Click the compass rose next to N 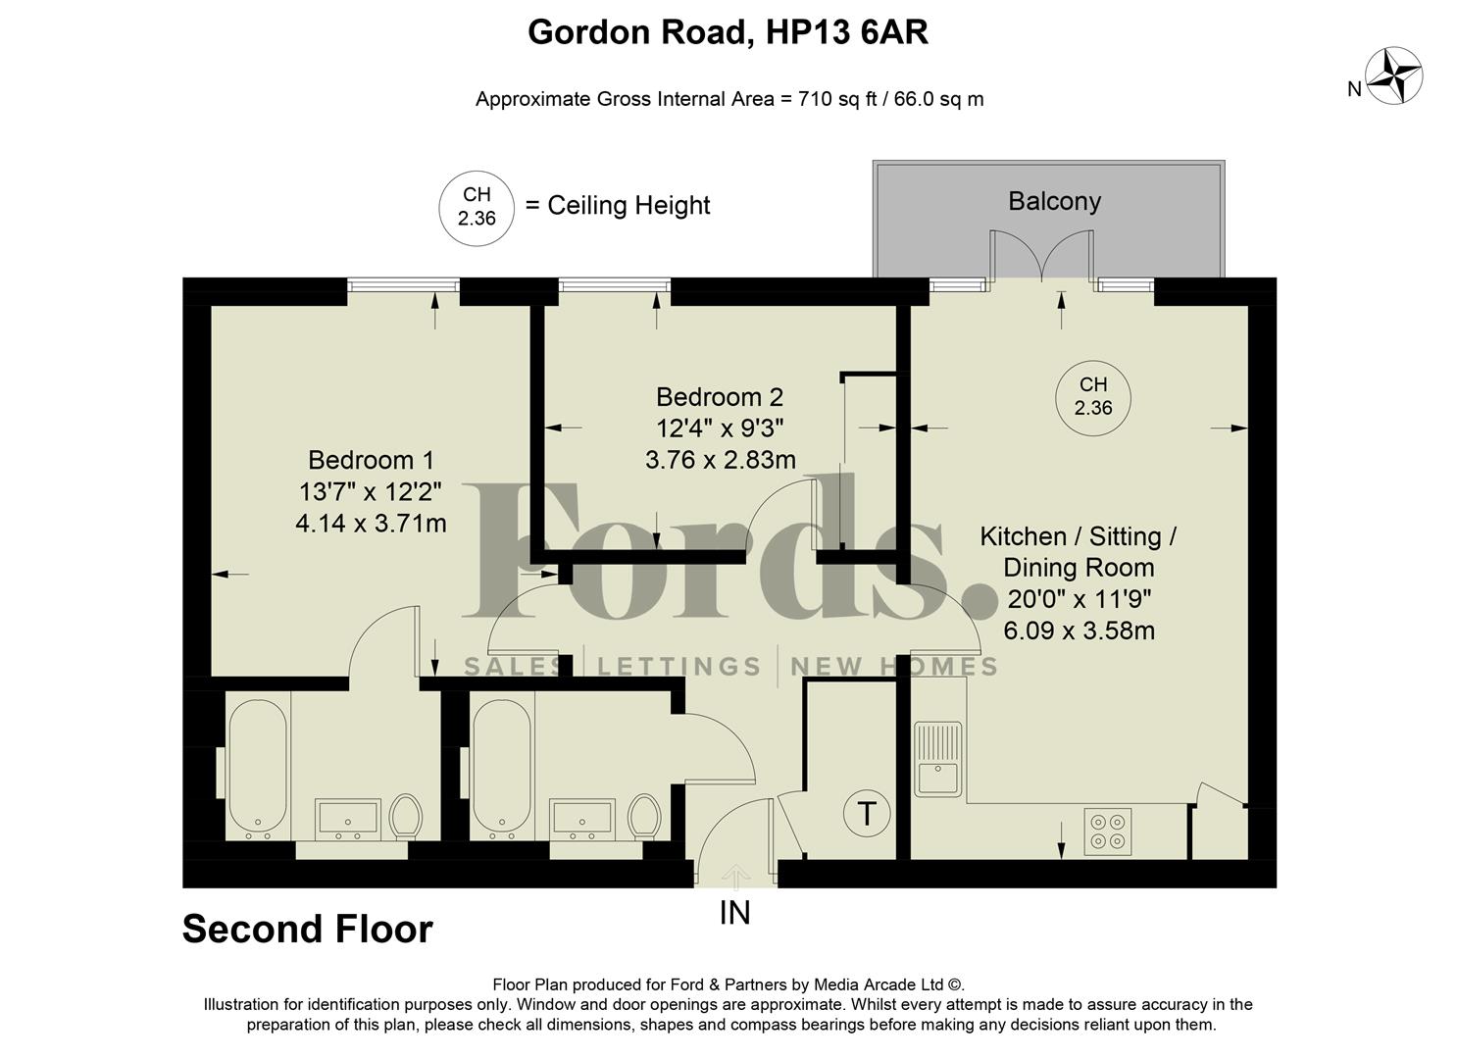tap(1394, 76)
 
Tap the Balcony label tap(1054, 201)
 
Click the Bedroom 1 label tap(371, 460)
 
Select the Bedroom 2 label tap(720, 397)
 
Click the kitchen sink tap(938, 760)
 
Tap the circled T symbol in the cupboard tap(867, 814)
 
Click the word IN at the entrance tap(734, 913)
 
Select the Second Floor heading tap(307, 929)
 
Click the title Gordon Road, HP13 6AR tap(728, 32)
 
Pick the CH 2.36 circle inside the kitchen tap(1092, 397)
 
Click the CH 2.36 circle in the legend tap(477, 206)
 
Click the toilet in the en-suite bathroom tap(405, 816)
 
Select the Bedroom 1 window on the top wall tap(403, 285)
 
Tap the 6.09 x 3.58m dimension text tap(1079, 630)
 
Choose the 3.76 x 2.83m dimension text tap(720, 459)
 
